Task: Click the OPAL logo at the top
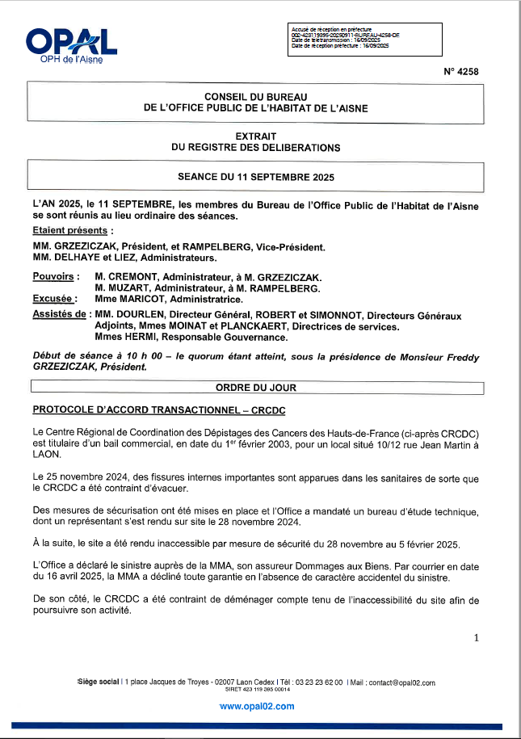[71, 45]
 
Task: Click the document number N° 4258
[461, 72]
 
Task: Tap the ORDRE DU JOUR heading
[256, 388]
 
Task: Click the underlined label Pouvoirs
[55, 276]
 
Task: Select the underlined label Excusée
[55, 299]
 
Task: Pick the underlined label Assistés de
[59, 315]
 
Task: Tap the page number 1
[476, 638]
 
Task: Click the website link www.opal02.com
[256, 706]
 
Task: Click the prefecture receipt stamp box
[365, 38]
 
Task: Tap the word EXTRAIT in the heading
[256, 136]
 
